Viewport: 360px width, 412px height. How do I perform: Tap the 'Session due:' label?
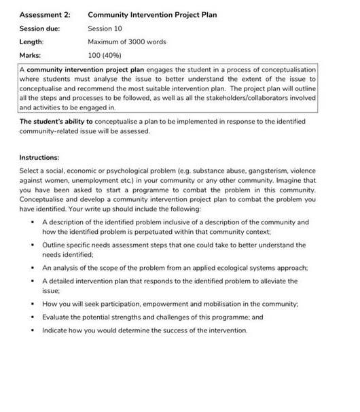[39, 29]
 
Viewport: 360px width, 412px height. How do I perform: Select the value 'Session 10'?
[105, 29]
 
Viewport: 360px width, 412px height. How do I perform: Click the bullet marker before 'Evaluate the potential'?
[31, 317]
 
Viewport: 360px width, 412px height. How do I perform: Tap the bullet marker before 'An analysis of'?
[31, 268]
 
